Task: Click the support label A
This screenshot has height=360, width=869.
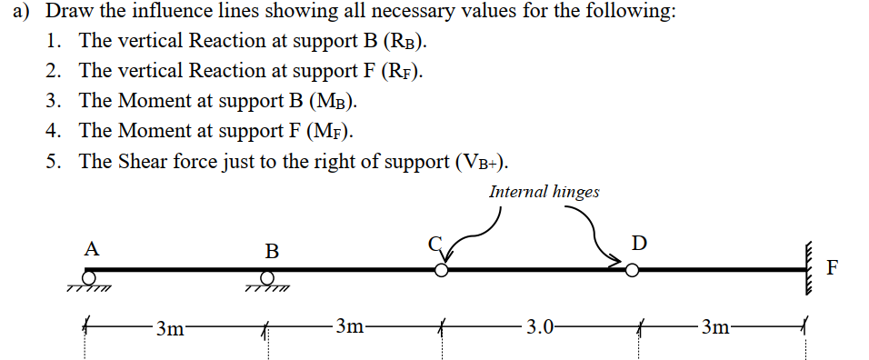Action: [x=91, y=247]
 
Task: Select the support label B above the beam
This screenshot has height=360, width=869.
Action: [x=272, y=249]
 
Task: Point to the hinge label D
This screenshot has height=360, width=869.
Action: [x=639, y=243]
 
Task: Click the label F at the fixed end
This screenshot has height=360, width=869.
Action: [x=834, y=267]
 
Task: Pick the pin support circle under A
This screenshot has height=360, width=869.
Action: [x=89, y=276]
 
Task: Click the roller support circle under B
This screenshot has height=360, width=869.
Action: [x=269, y=276]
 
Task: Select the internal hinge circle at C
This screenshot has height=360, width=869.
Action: [x=441, y=270]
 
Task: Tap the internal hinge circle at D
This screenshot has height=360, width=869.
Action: [x=632, y=270]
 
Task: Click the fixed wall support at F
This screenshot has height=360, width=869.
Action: [x=806, y=268]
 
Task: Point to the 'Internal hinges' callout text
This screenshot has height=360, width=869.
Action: [x=544, y=192]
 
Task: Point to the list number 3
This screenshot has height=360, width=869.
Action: [x=53, y=101]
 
